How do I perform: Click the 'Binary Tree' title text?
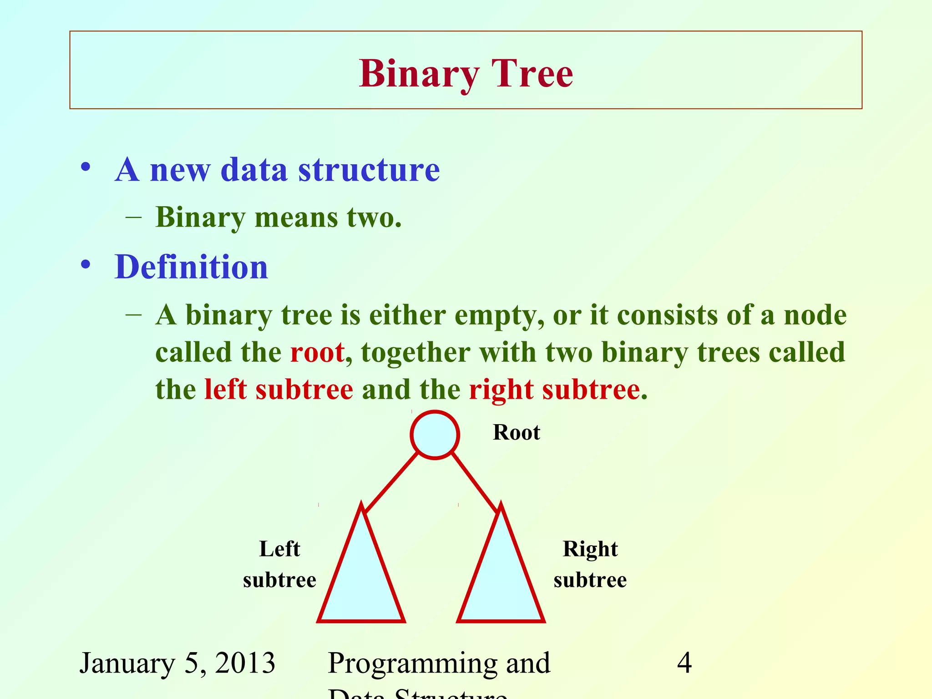point(466,74)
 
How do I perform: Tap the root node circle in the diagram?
point(435,435)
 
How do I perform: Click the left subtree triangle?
point(361,578)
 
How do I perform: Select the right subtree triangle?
point(501,578)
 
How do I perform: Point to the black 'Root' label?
point(516,432)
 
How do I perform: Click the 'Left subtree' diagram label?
point(279,564)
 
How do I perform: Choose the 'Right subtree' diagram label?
point(590,564)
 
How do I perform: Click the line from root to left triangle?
point(391,482)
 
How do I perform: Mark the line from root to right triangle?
point(474,482)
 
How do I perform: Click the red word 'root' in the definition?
point(317,353)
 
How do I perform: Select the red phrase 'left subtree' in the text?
point(279,390)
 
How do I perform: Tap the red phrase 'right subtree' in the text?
point(554,390)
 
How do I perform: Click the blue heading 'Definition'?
point(191,267)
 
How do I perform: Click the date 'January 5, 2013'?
point(177,663)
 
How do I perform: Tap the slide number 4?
point(684,663)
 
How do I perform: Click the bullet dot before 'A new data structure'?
point(86,167)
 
